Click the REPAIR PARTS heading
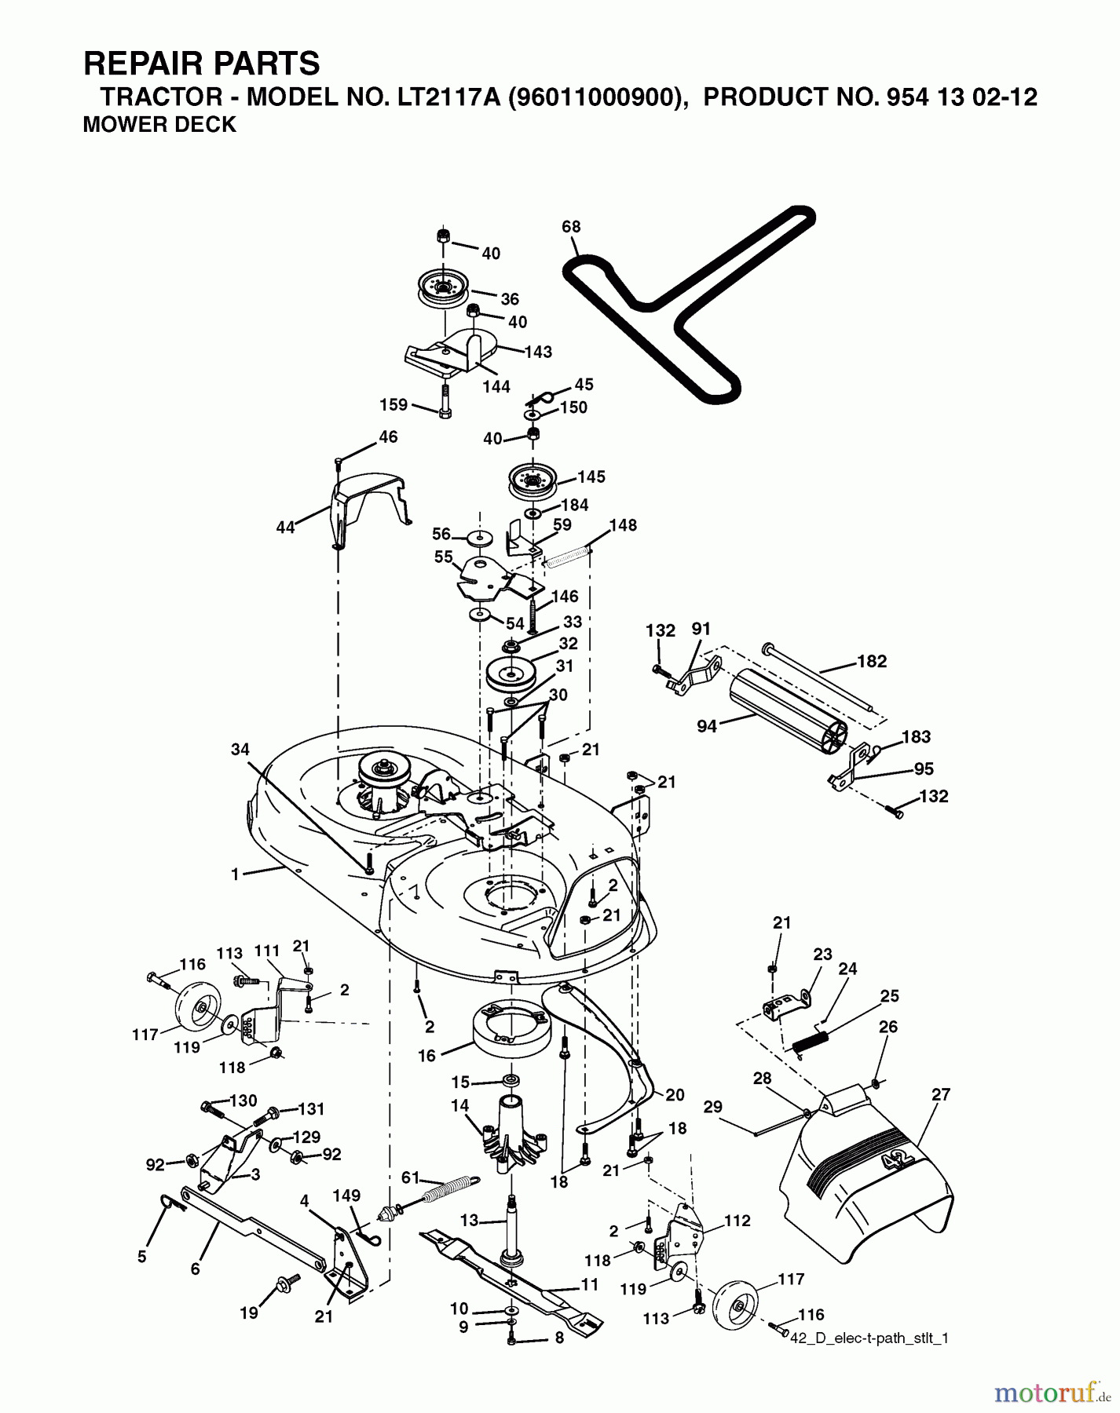[x=202, y=63]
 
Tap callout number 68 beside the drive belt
[x=571, y=227]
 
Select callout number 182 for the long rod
[x=872, y=661]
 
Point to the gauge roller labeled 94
[x=785, y=715]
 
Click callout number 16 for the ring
[x=426, y=1056]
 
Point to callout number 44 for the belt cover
[x=285, y=528]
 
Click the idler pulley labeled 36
[x=445, y=291]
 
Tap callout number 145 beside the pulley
[x=591, y=477]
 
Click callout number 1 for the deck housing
[x=234, y=874]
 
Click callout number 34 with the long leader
[x=240, y=750]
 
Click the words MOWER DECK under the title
[x=159, y=125]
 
